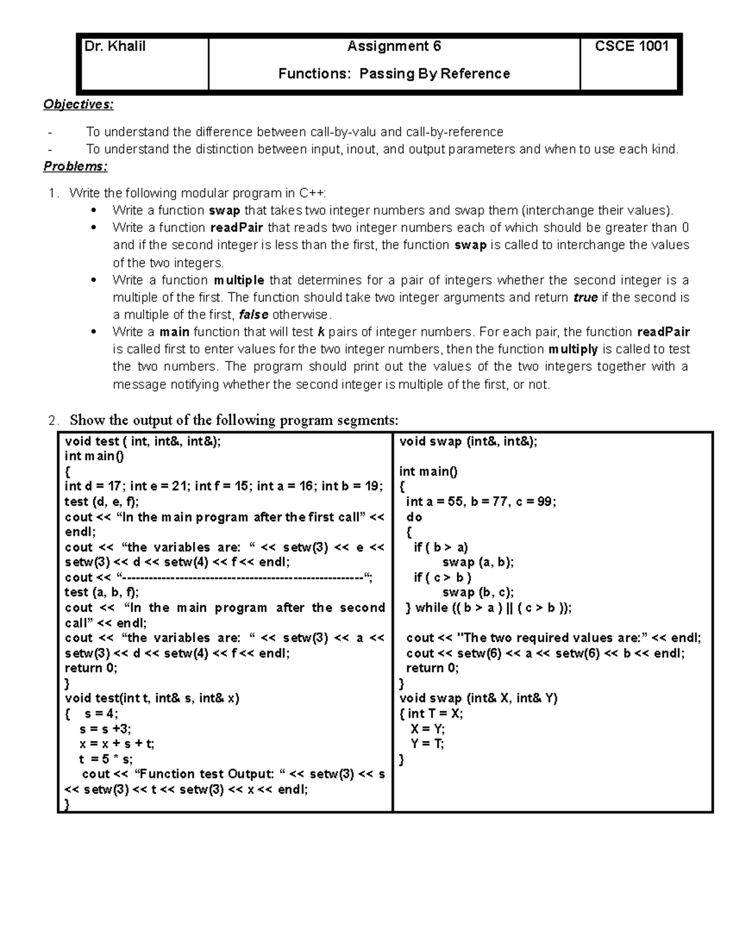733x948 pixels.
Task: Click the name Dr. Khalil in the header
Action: (115, 46)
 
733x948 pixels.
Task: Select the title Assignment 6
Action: (394, 46)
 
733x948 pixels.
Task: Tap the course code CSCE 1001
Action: (632, 46)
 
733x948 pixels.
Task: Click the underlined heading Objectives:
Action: (78, 104)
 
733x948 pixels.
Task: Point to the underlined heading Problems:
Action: (75, 167)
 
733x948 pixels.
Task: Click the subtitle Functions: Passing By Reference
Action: (394, 74)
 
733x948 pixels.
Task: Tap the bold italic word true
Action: (585, 298)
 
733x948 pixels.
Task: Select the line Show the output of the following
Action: (234, 420)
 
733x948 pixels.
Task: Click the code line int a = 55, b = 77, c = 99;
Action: (481, 502)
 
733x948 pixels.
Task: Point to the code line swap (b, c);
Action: (478, 592)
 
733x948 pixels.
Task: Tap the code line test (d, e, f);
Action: (101, 502)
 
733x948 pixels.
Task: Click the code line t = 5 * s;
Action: (106, 759)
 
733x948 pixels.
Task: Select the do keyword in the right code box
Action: (414, 517)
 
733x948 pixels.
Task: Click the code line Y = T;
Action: (428, 744)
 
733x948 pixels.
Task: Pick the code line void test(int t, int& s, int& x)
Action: (152, 698)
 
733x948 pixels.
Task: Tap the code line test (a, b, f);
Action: (101, 592)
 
